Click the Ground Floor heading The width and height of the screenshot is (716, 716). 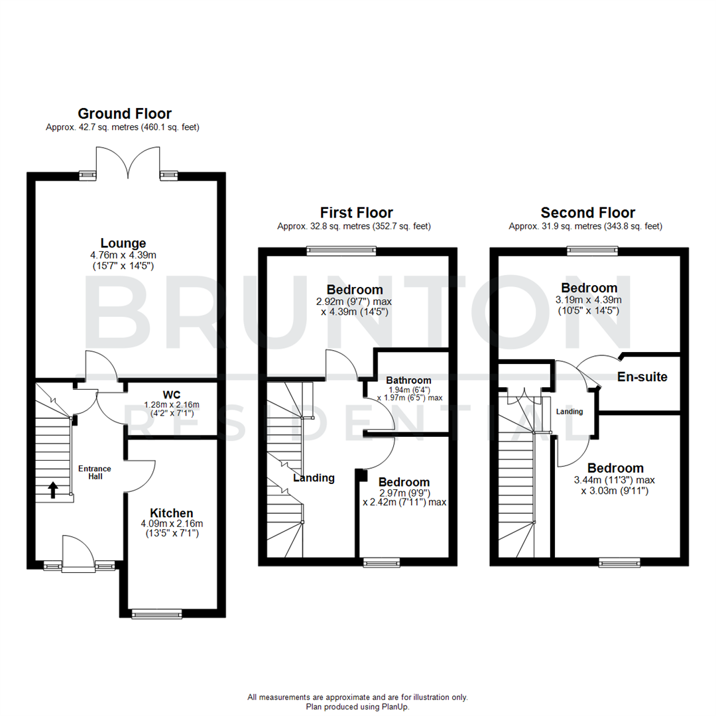click(125, 113)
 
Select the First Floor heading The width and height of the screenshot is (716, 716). click(356, 213)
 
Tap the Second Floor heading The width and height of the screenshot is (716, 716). click(587, 213)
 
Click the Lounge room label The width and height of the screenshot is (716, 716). click(123, 243)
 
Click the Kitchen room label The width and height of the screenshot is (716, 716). click(171, 512)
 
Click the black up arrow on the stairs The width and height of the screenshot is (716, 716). click(53, 490)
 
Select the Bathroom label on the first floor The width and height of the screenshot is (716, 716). click(408, 380)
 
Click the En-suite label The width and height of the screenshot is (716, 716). click(642, 377)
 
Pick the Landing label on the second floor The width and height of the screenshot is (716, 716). click(569, 412)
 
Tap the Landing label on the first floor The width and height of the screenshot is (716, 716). click(314, 477)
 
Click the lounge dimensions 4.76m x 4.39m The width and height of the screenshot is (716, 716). click(123, 255)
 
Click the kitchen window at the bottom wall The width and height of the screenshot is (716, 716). click(156, 614)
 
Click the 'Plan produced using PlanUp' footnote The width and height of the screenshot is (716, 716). click(357, 707)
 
